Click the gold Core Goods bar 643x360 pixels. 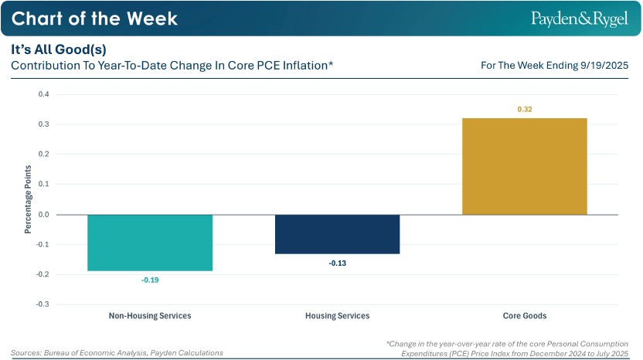525,166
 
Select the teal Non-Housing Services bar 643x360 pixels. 150,243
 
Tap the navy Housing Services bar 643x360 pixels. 338,234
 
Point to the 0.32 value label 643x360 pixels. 525,110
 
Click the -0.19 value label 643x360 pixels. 150,280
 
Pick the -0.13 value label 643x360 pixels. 338,263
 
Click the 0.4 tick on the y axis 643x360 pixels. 43,94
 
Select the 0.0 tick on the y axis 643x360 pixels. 43,215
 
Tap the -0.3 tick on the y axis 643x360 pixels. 43,304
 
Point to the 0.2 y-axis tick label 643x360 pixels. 43,155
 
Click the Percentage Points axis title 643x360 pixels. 28,199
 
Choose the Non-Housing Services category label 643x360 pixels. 150,316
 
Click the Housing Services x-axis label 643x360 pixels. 338,316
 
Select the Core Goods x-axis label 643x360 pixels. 525,316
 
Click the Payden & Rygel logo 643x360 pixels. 580,18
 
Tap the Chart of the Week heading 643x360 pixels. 95,18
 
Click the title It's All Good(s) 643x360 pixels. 59,49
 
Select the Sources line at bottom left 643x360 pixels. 117,352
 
